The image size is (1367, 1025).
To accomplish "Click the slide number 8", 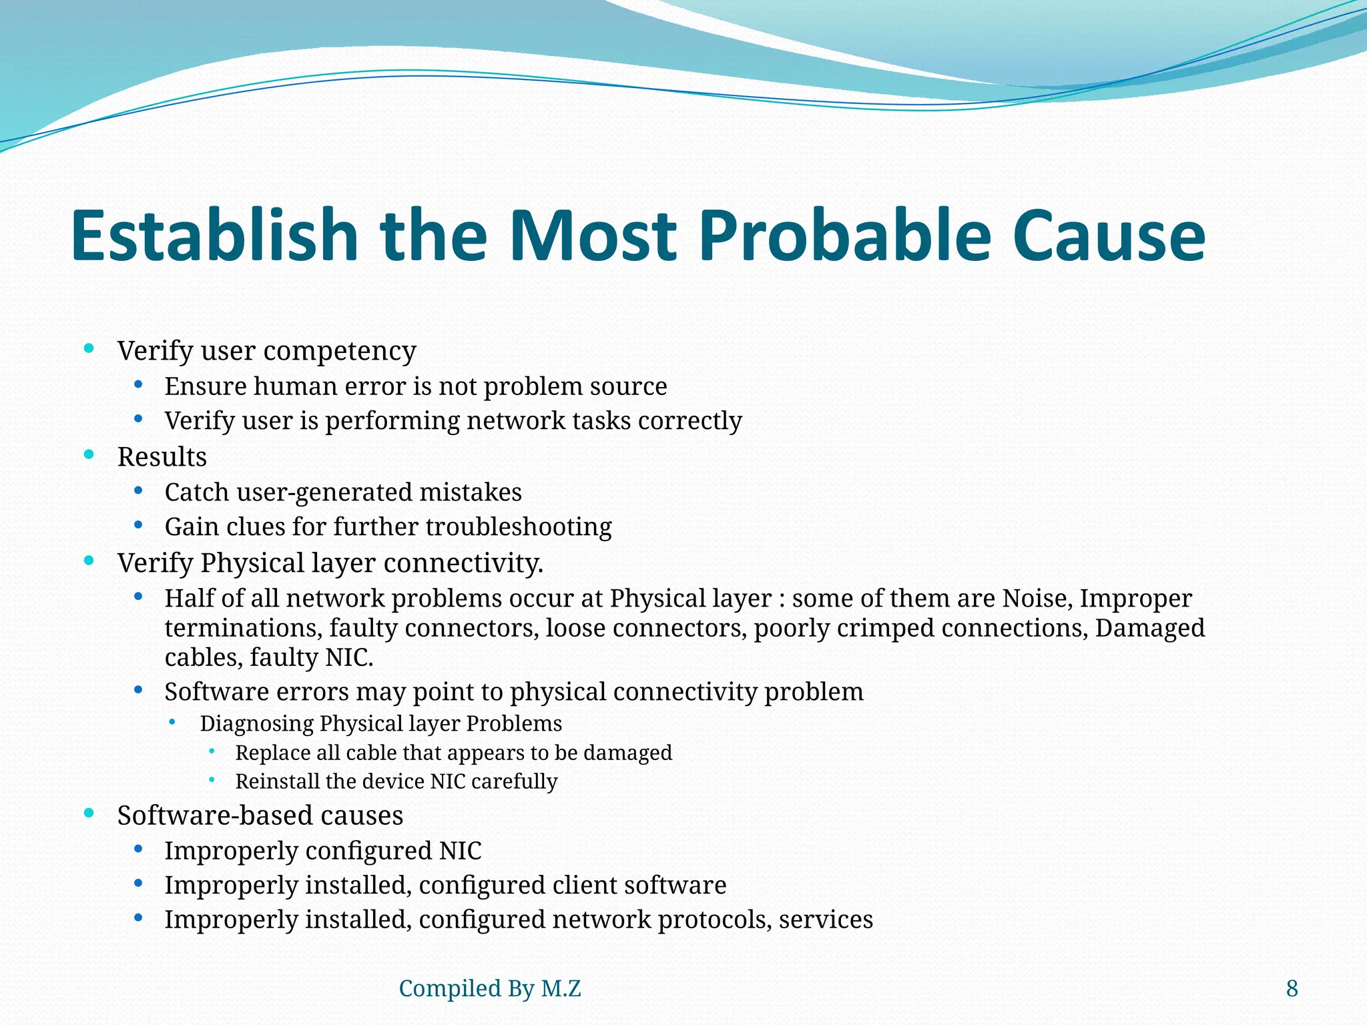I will pyautogui.click(x=1292, y=988).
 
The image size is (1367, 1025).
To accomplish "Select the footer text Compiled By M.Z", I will pyautogui.click(x=489, y=988).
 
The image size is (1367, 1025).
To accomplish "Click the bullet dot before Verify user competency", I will pyautogui.click(x=89, y=348).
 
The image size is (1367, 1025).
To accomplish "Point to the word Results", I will pyautogui.click(x=162, y=457).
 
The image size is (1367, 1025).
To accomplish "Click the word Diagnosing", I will pyautogui.click(x=256, y=723).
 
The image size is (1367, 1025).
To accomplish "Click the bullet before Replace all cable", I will pyautogui.click(x=212, y=751).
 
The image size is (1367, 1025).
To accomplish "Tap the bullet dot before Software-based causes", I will pyautogui.click(x=89, y=813).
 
